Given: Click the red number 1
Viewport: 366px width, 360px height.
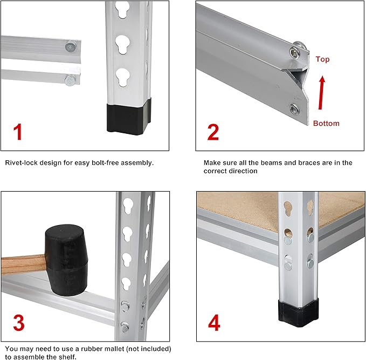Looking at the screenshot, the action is pyautogui.click(x=18, y=132).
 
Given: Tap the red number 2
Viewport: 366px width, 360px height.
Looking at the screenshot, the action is pyautogui.click(x=213, y=132).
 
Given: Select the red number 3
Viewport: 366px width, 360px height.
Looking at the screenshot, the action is pyautogui.click(x=19, y=323).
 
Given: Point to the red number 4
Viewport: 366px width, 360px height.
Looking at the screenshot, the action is pyautogui.click(x=214, y=323).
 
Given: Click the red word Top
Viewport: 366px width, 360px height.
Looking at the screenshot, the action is pyautogui.click(x=322, y=59).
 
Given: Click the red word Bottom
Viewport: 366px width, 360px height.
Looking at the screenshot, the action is pyautogui.click(x=326, y=123).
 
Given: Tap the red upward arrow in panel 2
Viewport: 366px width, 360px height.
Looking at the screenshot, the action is pyautogui.click(x=322, y=93).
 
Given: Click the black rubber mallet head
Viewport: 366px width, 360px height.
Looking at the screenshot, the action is pyautogui.click(x=67, y=260).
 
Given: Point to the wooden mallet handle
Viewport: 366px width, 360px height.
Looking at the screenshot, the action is pyautogui.click(x=23, y=265).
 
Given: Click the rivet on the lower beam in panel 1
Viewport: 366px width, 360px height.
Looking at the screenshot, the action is pyautogui.click(x=70, y=80).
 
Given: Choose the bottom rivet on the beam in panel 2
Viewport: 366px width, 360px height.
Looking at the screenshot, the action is pyautogui.click(x=294, y=109).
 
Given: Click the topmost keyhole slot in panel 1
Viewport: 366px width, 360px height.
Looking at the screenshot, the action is pyautogui.click(x=122, y=9).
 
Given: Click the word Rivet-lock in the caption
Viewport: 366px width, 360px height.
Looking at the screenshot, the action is pyautogui.click(x=21, y=162).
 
